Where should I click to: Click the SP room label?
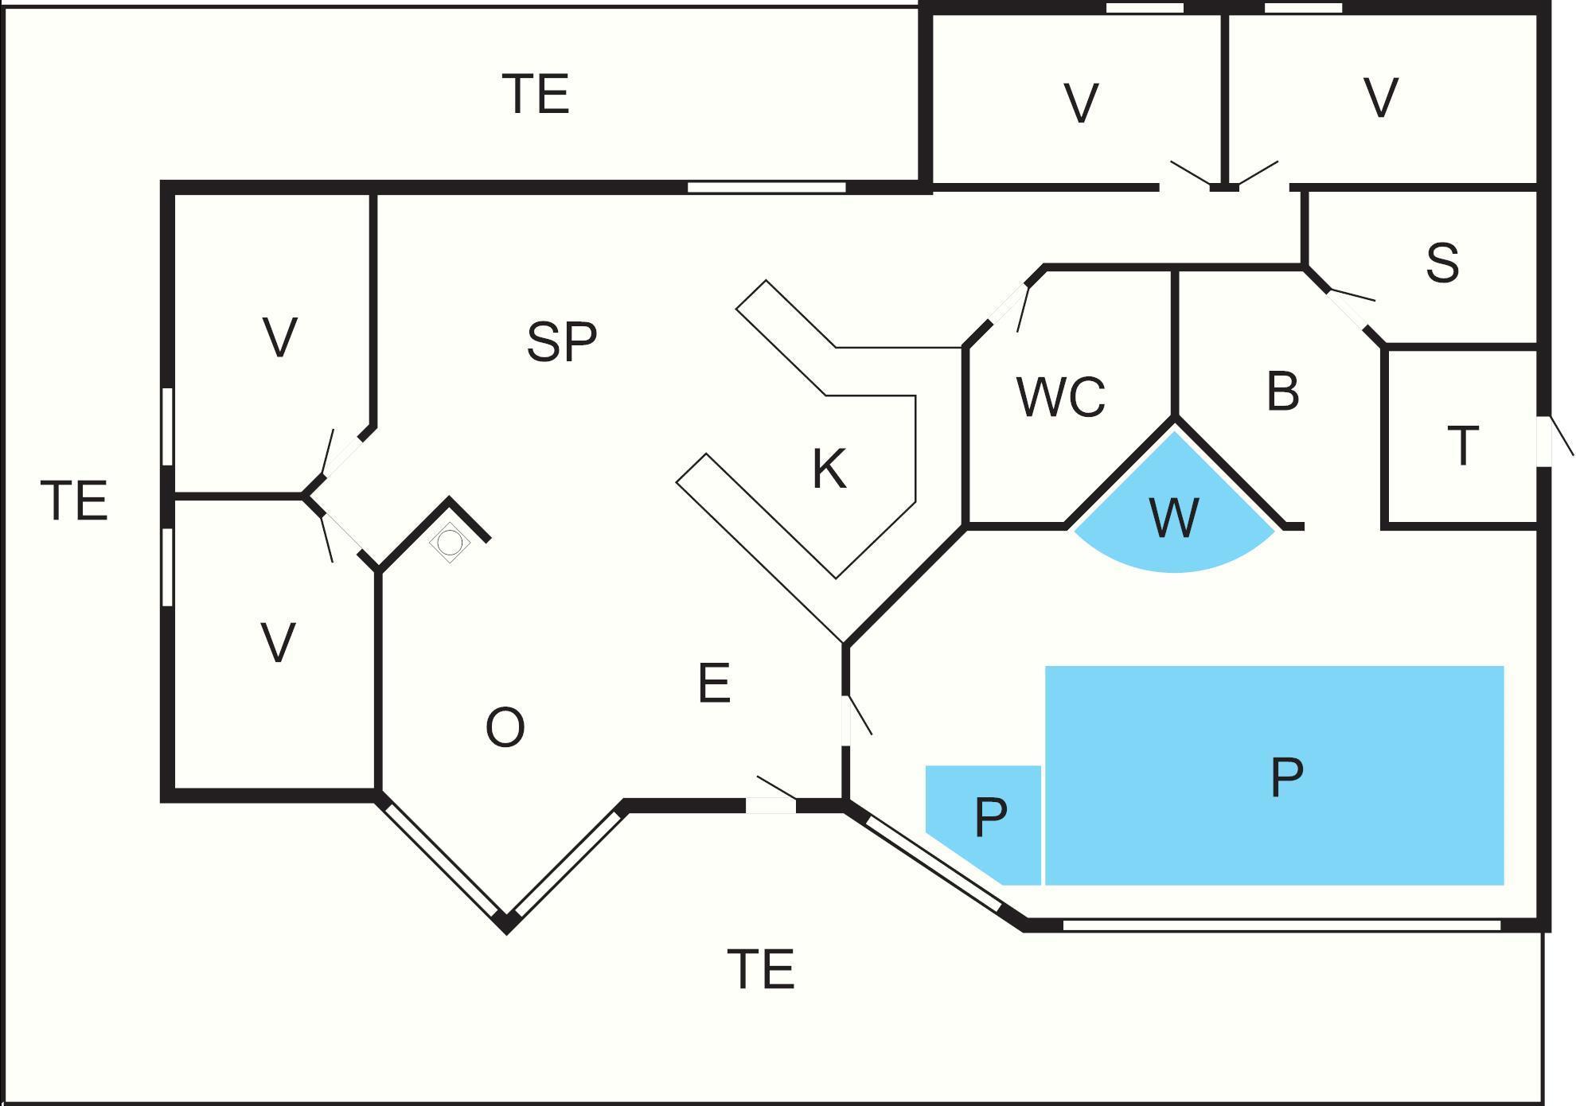(x=561, y=342)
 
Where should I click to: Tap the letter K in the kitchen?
(x=829, y=469)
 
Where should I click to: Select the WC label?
(x=1060, y=396)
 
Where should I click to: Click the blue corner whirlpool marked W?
(x=1174, y=518)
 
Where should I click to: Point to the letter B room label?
(x=1282, y=391)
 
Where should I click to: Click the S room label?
(x=1442, y=263)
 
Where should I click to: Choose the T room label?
(x=1462, y=446)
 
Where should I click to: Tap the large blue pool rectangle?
(x=1274, y=775)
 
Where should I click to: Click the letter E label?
(x=714, y=683)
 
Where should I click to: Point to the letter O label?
(x=505, y=727)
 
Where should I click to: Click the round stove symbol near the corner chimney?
(x=450, y=543)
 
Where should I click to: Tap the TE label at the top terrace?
(x=536, y=94)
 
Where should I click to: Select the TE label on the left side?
(x=73, y=500)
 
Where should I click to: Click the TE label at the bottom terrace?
(x=761, y=969)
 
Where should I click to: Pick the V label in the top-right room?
(x=1380, y=97)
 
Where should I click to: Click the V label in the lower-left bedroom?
(x=278, y=643)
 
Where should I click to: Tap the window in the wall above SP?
(x=766, y=188)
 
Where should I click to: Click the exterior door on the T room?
(x=1545, y=442)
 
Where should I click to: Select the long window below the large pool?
(x=1281, y=925)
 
